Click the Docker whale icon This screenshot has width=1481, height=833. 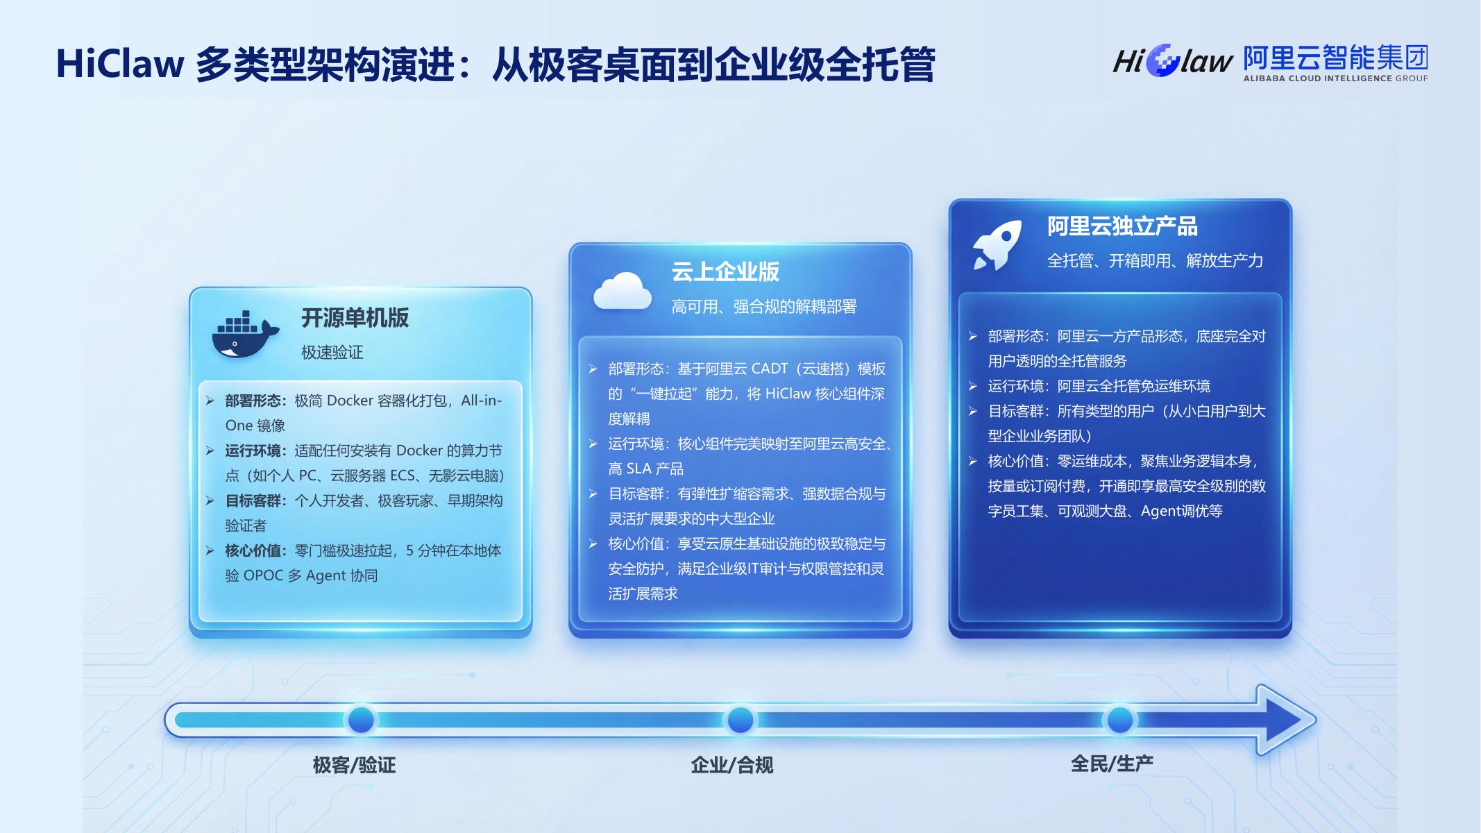245,335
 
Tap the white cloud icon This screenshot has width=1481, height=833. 623,291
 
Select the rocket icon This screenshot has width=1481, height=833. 997,244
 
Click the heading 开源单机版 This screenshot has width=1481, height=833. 355,318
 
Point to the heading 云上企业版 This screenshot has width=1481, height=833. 725,271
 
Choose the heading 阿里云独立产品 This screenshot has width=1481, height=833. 1122,226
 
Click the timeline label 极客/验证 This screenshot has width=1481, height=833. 354,765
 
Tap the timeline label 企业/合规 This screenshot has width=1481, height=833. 731,765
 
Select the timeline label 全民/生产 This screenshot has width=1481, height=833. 1112,764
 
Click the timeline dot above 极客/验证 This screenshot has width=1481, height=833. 361,720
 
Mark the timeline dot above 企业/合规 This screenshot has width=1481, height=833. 740,720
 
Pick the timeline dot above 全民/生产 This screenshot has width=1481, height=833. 1119,720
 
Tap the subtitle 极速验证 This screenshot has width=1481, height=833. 332,352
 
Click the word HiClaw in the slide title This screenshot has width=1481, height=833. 120,64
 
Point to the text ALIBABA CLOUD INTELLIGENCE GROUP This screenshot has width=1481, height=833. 1335,78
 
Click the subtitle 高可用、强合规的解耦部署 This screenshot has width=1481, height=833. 764,306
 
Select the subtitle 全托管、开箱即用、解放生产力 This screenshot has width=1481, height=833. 1155,260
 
